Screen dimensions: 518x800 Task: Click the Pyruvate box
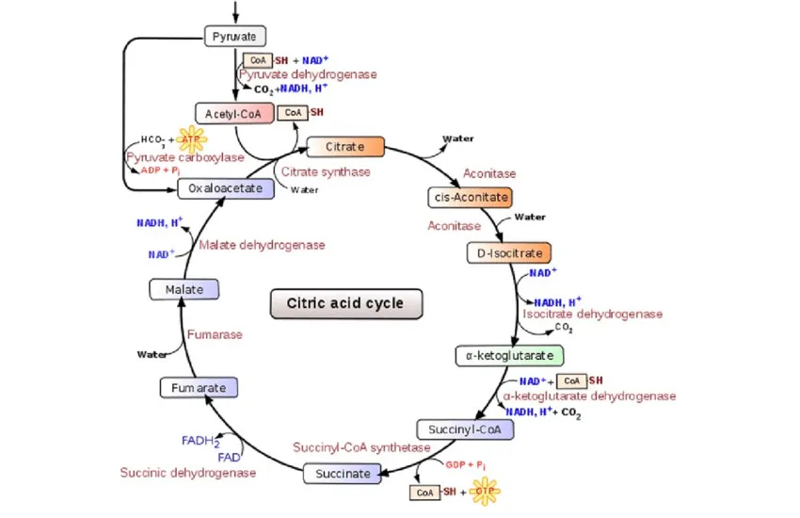click(236, 37)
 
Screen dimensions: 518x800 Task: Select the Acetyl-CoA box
click(233, 113)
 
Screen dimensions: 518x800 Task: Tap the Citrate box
click(346, 147)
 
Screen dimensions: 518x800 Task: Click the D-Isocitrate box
click(508, 253)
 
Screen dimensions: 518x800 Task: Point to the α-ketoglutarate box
click(509, 356)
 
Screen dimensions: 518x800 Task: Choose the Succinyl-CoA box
click(465, 429)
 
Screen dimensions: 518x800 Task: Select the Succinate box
click(343, 474)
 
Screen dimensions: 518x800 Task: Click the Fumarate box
click(198, 387)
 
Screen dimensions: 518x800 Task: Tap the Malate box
click(184, 289)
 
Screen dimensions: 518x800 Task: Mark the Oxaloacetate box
click(225, 188)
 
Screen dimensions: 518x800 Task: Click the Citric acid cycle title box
click(346, 303)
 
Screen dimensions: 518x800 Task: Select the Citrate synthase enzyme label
click(326, 172)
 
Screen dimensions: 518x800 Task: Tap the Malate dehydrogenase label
click(262, 245)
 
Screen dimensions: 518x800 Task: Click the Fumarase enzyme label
click(215, 334)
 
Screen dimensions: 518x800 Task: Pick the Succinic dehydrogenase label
click(187, 473)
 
